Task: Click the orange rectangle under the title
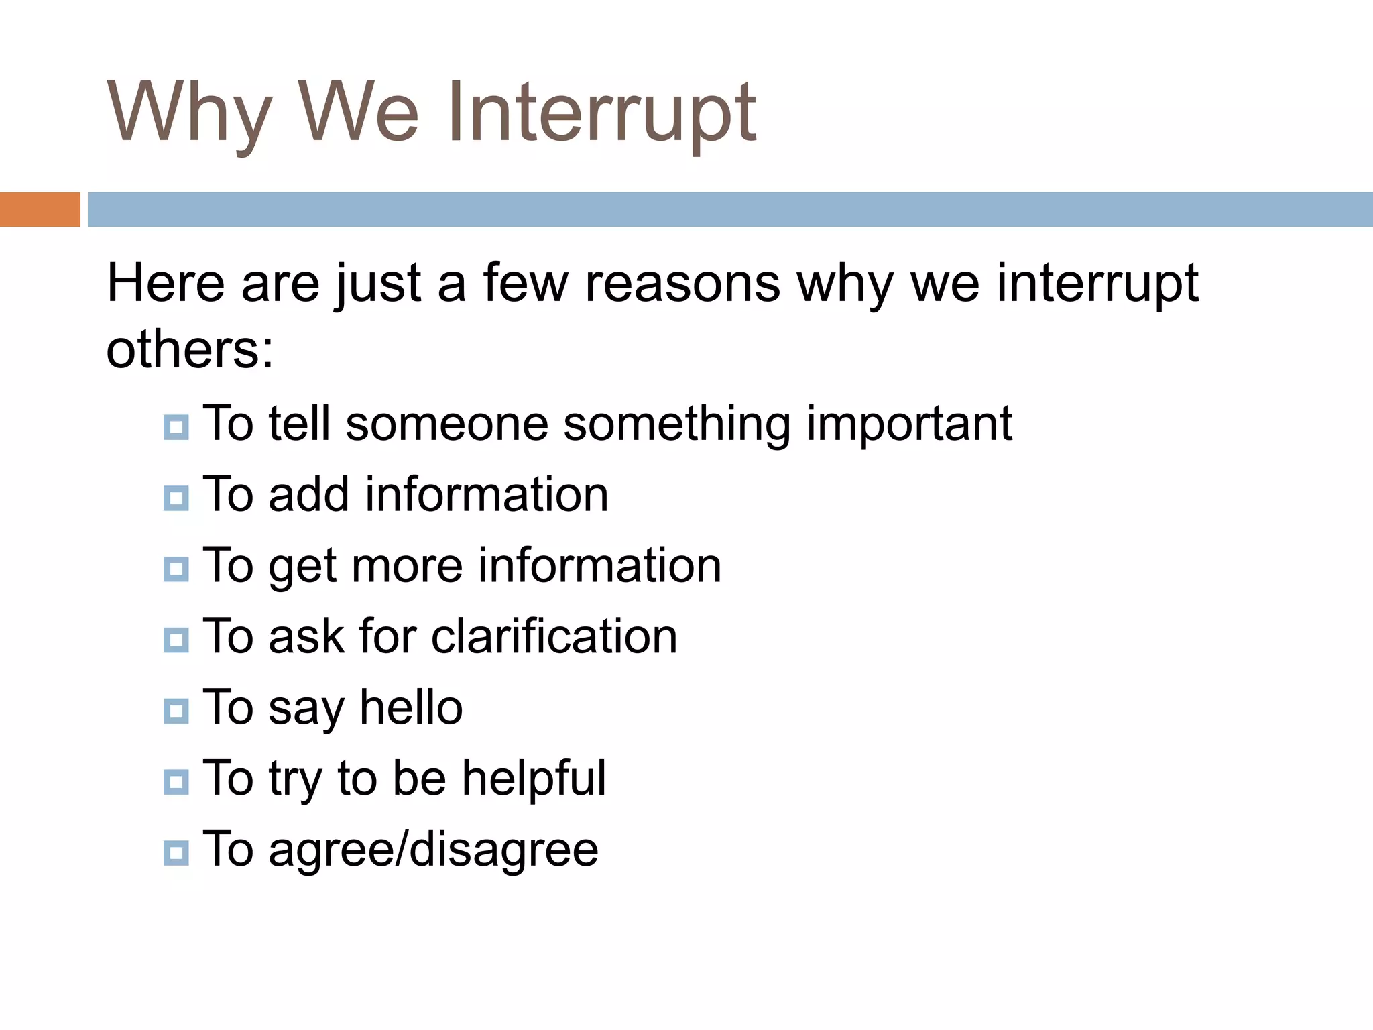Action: click(40, 209)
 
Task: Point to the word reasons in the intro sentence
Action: click(682, 283)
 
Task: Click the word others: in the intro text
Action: click(190, 349)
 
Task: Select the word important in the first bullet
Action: click(908, 424)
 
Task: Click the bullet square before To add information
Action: click(176, 498)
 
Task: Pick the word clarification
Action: click(554, 636)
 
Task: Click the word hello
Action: click(411, 707)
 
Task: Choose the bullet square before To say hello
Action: click(176, 711)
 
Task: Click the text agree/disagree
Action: click(433, 849)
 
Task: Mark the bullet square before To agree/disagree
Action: click(176, 853)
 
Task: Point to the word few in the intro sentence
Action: click(526, 283)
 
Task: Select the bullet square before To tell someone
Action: click(176, 427)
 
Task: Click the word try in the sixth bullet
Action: click(296, 779)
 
